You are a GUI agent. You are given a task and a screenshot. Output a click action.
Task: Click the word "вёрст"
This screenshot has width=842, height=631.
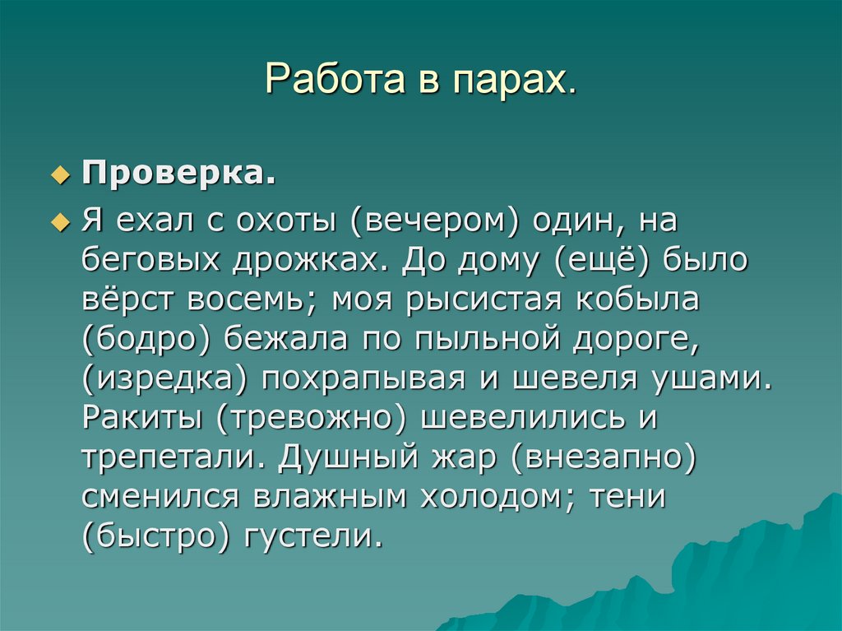coord(127,300)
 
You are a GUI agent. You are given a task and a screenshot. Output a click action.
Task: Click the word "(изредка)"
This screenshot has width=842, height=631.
coord(165,379)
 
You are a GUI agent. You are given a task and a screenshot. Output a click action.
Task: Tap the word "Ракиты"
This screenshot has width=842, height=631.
coord(143,419)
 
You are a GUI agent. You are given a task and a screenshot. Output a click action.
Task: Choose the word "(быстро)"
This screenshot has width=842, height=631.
coord(156,537)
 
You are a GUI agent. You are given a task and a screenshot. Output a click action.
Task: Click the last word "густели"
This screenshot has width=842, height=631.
coord(313,537)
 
